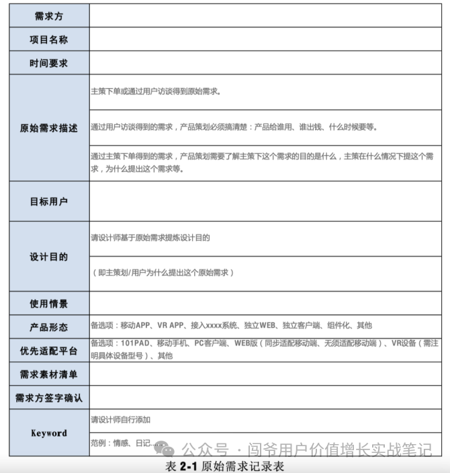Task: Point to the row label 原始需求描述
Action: (x=48, y=128)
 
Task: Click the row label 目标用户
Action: (x=48, y=202)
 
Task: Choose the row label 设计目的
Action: (x=48, y=257)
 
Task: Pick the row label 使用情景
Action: (x=48, y=304)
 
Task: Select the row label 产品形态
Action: (x=48, y=327)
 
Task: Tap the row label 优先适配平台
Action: (x=48, y=351)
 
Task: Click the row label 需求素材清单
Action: (x=48, y=374)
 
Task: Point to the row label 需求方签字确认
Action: (x=48, y=398)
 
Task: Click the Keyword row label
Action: (x=48, y=433)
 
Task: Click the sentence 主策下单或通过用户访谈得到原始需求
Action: (x=156, y=91)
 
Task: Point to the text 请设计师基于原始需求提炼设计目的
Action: (x=150, y=238)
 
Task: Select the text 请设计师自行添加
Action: (x=121, y=420)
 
